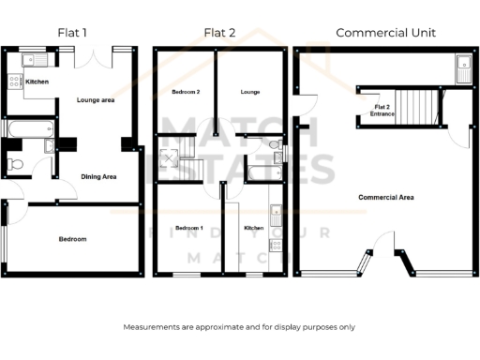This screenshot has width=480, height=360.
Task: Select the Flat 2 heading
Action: point(218,33)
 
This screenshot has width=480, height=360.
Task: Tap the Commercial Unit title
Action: point(385,33)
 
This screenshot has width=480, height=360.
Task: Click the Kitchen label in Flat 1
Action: point(37,82)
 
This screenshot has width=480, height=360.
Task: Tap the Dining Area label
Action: point(98,176)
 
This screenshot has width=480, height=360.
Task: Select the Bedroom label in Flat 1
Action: point(72,239)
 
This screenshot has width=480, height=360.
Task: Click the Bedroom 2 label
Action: point(186,92)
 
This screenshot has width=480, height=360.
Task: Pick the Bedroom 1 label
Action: point(188,228)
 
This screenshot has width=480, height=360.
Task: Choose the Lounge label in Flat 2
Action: point(249,92)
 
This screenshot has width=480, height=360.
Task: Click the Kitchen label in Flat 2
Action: point(254,228)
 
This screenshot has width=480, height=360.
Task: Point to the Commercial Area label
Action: point(386,198)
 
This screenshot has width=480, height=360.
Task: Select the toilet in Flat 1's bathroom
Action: point(12,166)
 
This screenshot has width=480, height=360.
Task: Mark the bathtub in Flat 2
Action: point(260,171)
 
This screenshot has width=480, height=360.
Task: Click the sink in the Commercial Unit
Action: point(463,66)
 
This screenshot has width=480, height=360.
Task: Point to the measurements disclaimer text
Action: point(239,327)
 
